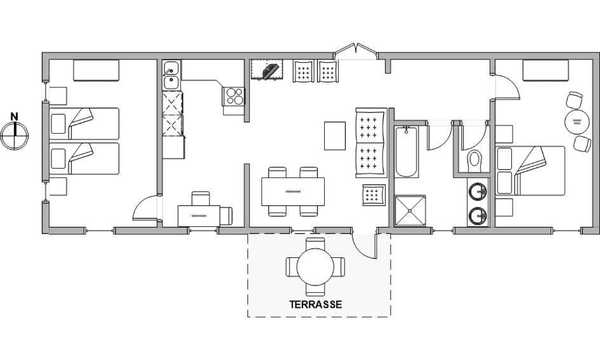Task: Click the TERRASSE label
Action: [x=315, y=304]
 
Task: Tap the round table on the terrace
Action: [x=315, y=267]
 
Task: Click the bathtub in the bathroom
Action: [x=407, y=151]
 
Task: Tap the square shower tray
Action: [x=410, y=210]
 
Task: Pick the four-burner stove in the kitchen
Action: [x=233, y=96]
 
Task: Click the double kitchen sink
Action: [x=171, y=75]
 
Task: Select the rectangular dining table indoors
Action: [x=293, y=191]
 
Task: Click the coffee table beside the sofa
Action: [x=335, y=136]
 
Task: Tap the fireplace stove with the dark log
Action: [x=267, y=69]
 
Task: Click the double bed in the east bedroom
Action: [x=530, y=170]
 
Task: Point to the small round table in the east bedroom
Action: [x=577, y=122]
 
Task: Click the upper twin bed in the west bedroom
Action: [x=84, y=124]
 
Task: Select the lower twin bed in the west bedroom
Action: [x=84, y=158]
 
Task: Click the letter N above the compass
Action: [x=14, y=116]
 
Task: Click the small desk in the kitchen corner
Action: [x=199, y=215]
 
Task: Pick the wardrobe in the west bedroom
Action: [x=96, y=70]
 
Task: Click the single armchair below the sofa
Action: [x=374, y=195]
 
